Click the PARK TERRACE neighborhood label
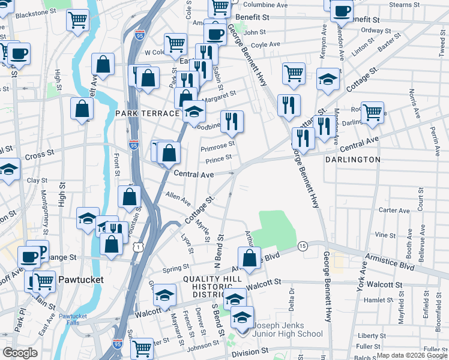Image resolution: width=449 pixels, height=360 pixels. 148,113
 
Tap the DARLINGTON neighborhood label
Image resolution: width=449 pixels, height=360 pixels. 353,160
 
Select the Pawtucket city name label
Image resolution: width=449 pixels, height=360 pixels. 81,280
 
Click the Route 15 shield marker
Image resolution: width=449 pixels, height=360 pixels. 303,246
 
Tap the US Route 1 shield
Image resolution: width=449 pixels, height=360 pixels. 139,247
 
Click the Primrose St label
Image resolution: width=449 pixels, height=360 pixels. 217,145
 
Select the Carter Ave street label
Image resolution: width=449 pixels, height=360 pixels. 394,210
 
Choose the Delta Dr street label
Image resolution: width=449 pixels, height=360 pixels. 292,299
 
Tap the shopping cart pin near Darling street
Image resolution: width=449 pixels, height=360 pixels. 372,112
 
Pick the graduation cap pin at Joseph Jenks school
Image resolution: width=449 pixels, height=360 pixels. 243,317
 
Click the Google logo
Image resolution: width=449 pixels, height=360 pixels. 20,353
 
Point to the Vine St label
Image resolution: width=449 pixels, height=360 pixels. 382,235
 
